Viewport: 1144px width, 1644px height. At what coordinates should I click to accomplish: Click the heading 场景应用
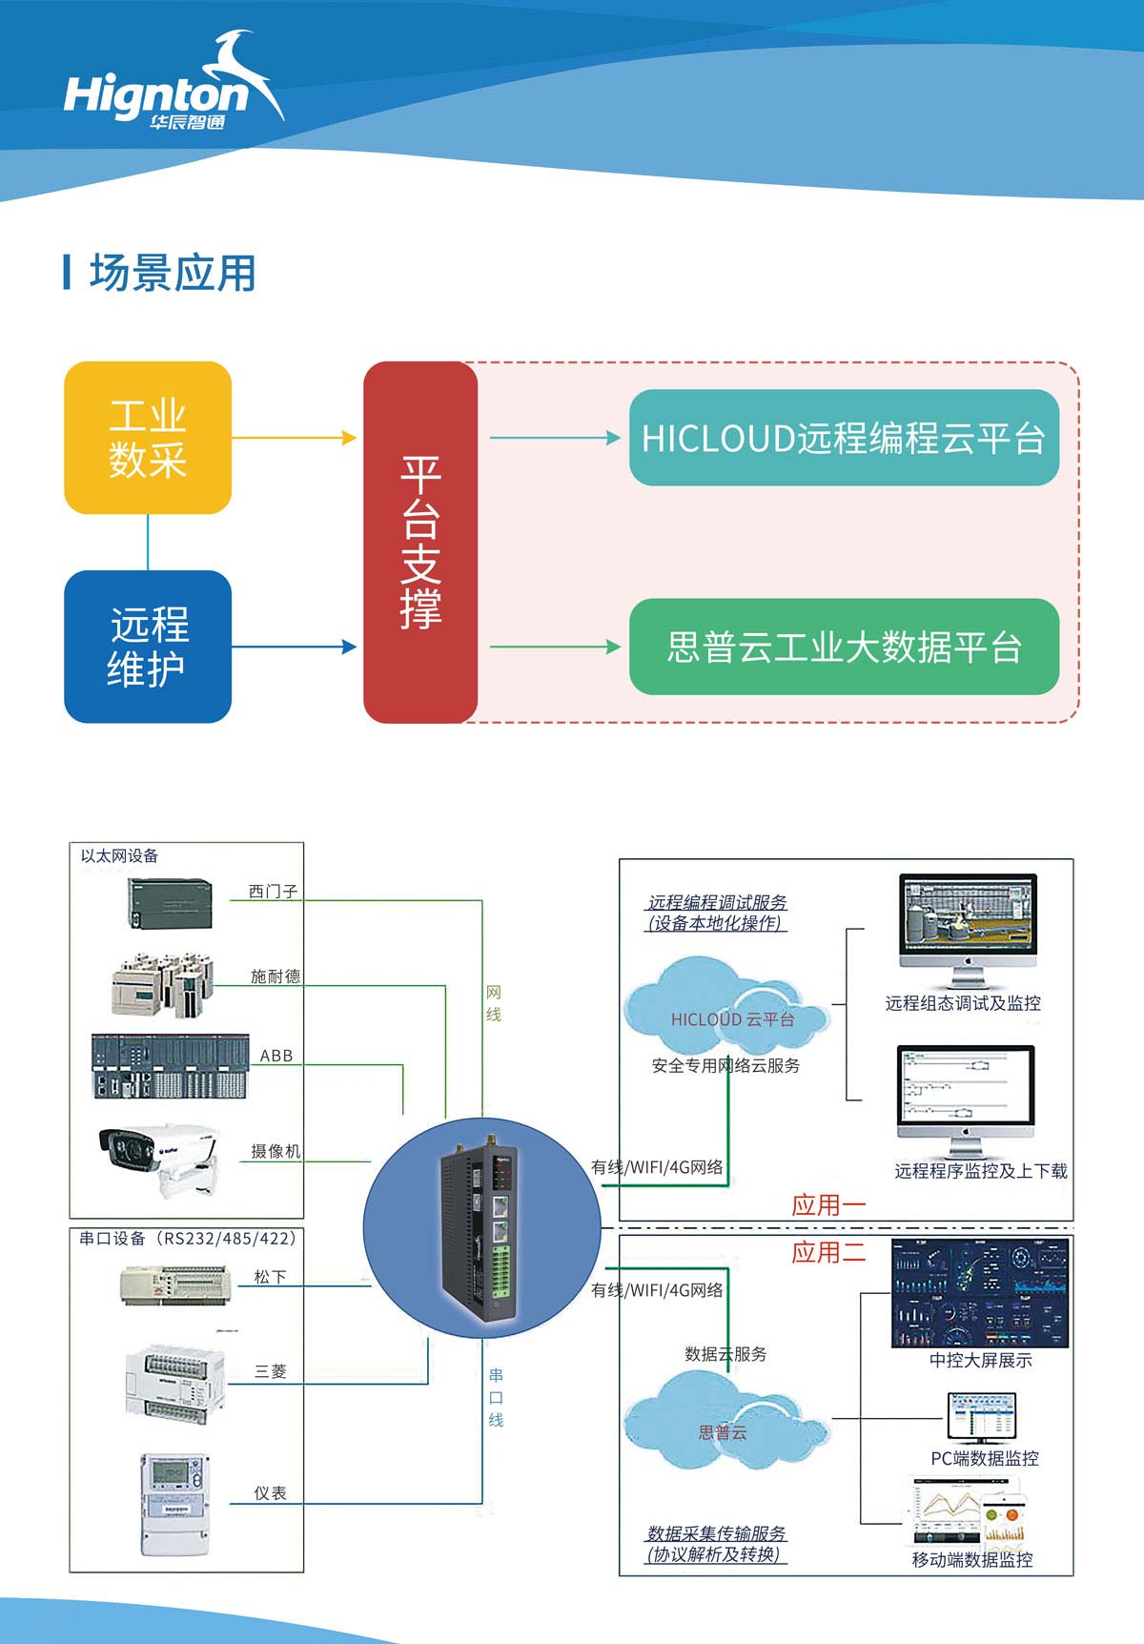click(x=172, y=273)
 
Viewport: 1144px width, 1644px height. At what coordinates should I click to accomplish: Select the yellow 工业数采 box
click(x=148, y=438)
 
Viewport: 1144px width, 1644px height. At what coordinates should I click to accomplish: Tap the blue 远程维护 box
click(x=148, y=647)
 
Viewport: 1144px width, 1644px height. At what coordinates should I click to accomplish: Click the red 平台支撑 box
click(x=420, y=542)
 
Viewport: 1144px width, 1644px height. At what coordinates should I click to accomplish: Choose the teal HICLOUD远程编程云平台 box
click(x=844, y=438)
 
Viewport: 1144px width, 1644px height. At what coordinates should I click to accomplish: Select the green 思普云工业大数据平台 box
click(x=844, y=647)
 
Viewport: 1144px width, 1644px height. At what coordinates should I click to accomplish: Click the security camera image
click(x=157, y=1157)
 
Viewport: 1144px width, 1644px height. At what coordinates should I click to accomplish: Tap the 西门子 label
click(x=273, y=892)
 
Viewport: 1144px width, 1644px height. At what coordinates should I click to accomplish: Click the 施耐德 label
click(x=275, y=976)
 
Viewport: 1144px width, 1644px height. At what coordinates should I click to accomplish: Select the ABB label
click(x=276, y=1056)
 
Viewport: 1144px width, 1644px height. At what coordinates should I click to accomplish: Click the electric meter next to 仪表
click(x=174, y=1504)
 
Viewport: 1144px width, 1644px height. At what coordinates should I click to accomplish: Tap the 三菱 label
click(x=270, y=1371)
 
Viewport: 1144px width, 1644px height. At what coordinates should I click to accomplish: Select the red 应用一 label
click(x=827, y=1205)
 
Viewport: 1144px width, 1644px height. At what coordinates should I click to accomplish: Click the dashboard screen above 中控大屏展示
click(x=979, y=1293)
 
